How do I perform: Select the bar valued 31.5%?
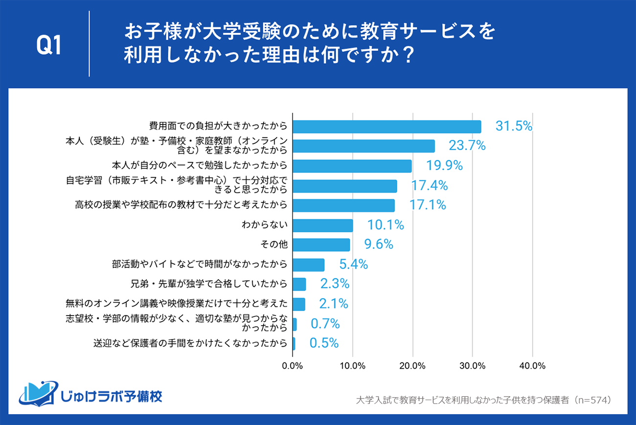tap(386, 127)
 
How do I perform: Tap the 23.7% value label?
tap(467, 145)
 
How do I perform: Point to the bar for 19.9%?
tap(352, 166)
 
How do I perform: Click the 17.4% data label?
tap(430, 185)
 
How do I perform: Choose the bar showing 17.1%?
tap(343, 205)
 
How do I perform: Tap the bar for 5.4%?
tap(309, 265)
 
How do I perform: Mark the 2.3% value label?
tap(334, 284)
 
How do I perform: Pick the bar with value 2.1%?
tap(299, 304)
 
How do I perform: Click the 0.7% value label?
tap(325, 323)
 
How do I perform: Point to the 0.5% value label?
tap(324, 343)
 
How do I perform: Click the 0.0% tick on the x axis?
tap(293, 366)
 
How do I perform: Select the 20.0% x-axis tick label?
tap(412, 366)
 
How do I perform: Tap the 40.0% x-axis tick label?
tap(532, 366)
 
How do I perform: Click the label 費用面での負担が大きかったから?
tap(218, 127)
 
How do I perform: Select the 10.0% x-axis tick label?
tap(352, 366)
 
